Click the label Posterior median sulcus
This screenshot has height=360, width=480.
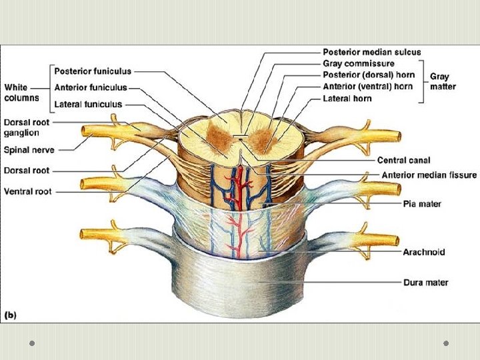pos(371,52)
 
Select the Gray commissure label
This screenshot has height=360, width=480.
pos(358,63)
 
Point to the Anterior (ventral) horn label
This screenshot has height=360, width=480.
pos(367,86)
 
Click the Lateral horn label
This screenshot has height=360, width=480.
pos(347,98)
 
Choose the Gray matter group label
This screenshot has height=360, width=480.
pos(443,82)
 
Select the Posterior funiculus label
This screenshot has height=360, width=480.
pos(93,71)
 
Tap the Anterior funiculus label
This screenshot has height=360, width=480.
pos(90,87)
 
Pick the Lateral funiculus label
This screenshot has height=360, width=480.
pos(88,104)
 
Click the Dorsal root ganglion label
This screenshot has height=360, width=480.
pos(26,127)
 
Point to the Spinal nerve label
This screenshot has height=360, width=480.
pos(29,151)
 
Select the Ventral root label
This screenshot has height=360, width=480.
pos(28,191)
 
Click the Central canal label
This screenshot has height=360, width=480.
pos(403,160)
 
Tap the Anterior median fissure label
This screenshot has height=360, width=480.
pos(429,175)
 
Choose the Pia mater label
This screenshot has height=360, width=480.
pos(421,203)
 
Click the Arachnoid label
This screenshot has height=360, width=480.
pos(423,252)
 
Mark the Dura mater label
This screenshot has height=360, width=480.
pos(425,283)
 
